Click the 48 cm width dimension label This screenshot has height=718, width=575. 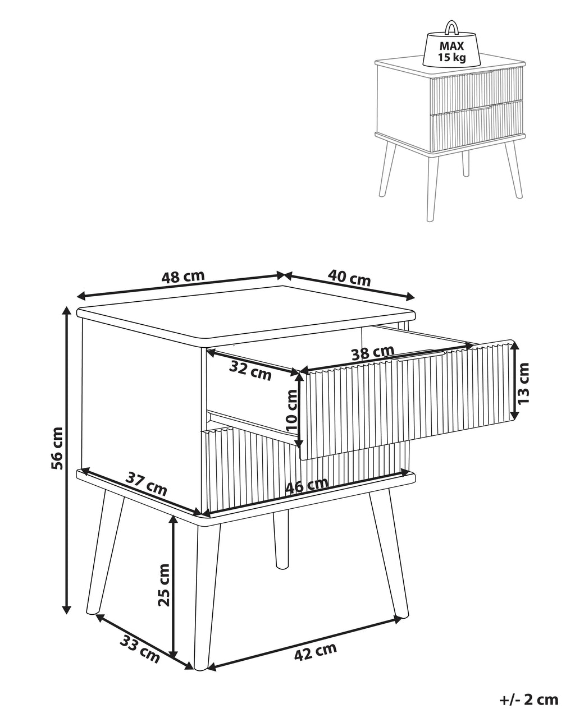pos(182,277)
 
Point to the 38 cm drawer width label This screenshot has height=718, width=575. pos(373,352)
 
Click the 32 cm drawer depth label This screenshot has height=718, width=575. pos(250,371)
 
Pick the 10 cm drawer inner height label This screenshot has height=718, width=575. pos(291,411)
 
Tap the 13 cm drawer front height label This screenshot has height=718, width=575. pos(523,383)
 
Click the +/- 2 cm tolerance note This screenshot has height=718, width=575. pos(528,699)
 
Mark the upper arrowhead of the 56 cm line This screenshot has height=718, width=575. pos(67,311)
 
